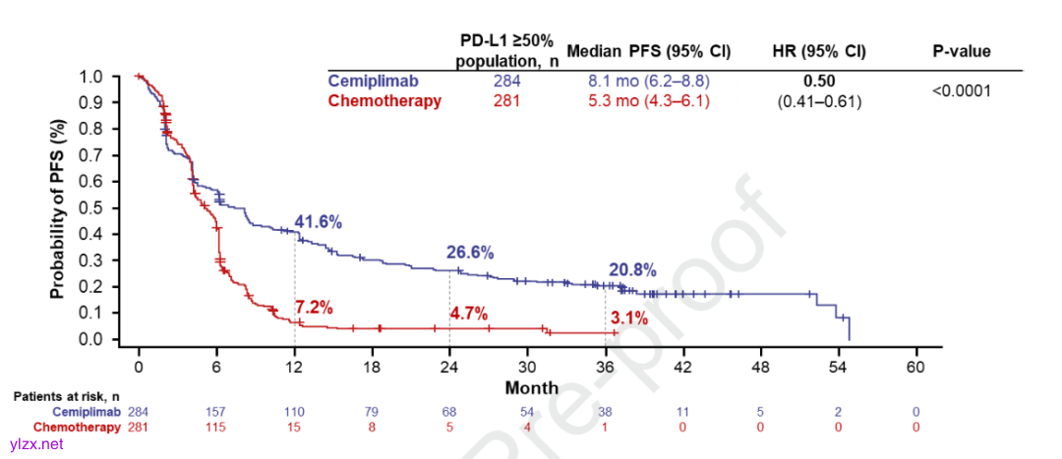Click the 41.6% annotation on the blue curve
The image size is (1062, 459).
pyautogui.click(x=318, y=222)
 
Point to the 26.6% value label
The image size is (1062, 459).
pyautogui.click(x=470, y=253)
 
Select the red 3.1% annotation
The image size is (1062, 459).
pyautogui.click(x=629, y=317)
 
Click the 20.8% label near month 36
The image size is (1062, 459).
pyautogui.click(x=631, y=270)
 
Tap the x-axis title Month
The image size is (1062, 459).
pyautogui.click(x=532, y=387)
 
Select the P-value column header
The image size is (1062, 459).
pyautogui.click(x=961, y=51)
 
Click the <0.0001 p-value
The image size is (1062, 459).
pyautogui.click(x=961, y=90)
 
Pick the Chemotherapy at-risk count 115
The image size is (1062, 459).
pyautogui.click(x=216, y=427)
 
